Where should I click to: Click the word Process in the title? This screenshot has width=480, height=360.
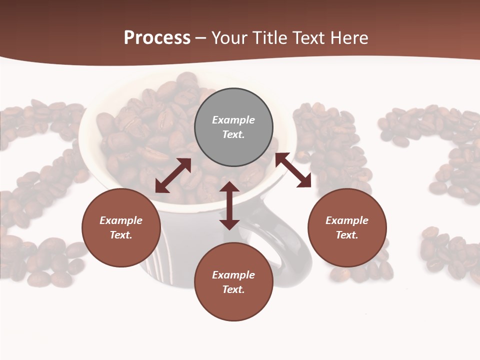click(x=157, y=38)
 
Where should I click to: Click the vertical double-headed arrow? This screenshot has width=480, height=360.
click(x=229, y=206)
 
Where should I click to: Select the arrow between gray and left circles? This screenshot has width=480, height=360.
click(x=173, y=175)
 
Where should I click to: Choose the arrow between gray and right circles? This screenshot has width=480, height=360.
click(x=293, y=170)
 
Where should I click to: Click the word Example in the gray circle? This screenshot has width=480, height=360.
click(x=233, y=120)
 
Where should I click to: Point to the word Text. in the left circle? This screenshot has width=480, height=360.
click(x=121, y=235)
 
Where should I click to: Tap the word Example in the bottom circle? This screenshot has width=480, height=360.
click(x=233, y=275)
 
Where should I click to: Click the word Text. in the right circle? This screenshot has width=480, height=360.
click(x=347, y=235)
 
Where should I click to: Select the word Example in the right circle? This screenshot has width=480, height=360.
click(x=347, y=220)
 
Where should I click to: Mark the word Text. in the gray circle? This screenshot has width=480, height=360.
click(x=233, y=134)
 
